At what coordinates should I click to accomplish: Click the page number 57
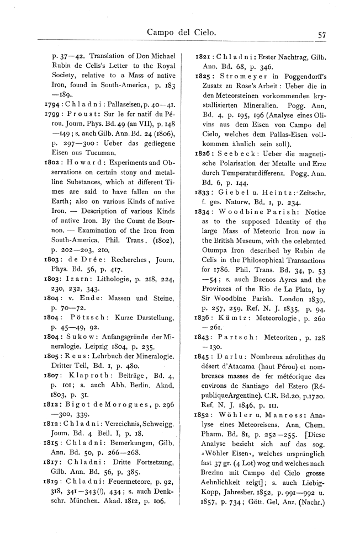coord(321,34)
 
